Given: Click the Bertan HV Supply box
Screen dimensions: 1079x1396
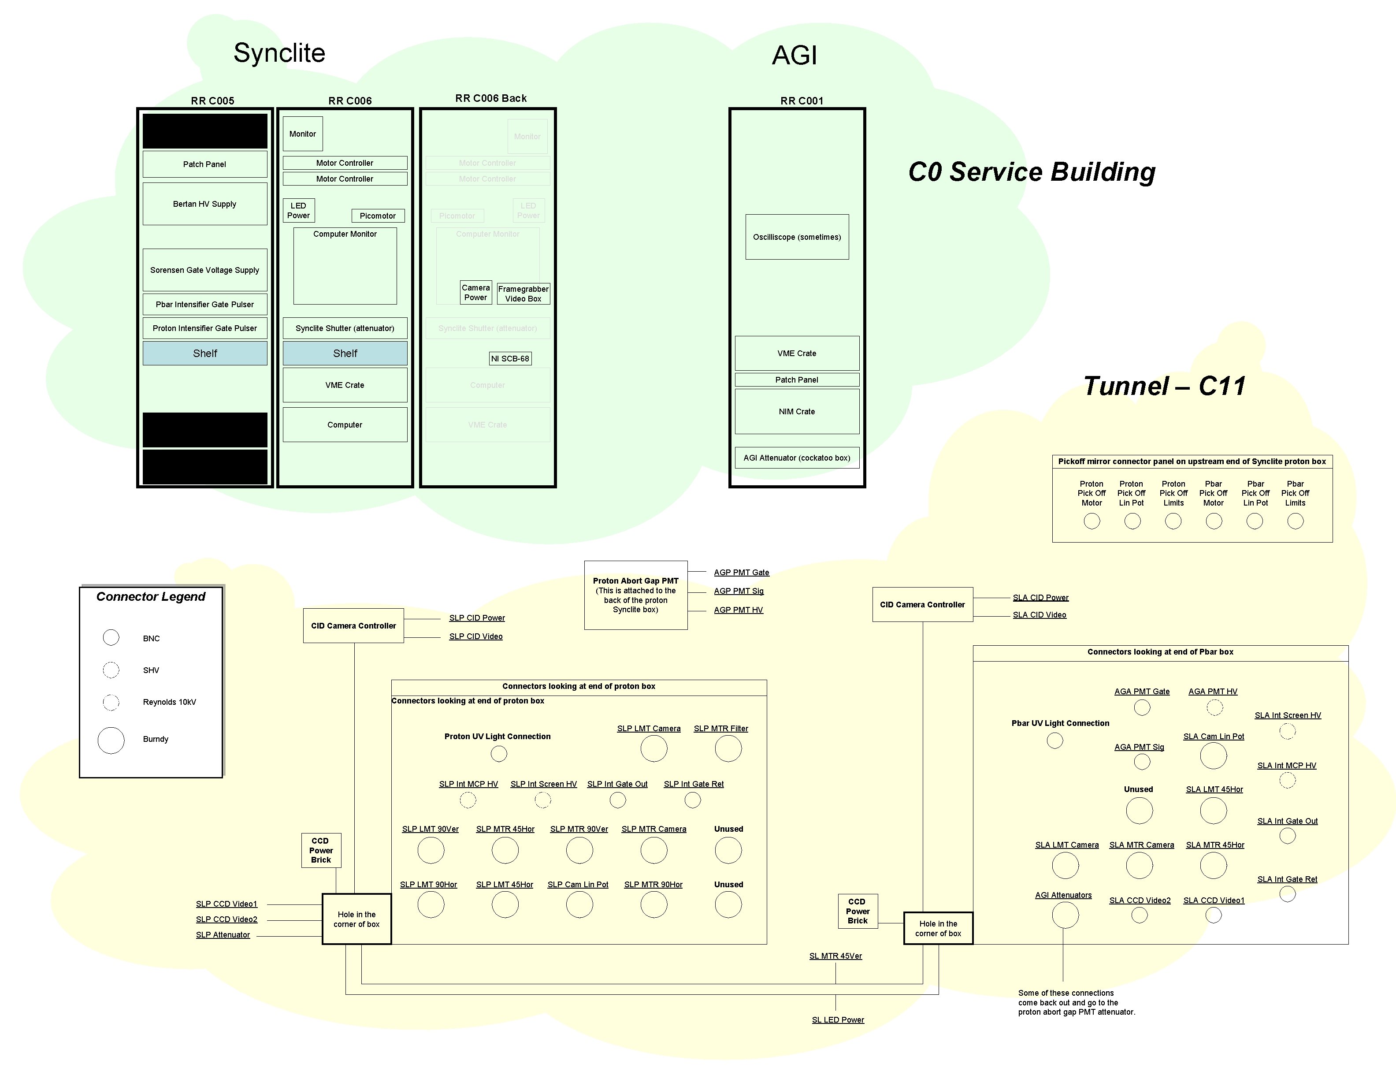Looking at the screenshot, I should pos(204,204).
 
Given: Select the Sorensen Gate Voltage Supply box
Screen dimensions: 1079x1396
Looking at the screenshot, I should pos(204,270).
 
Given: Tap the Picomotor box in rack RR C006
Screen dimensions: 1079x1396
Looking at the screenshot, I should pos(377,216).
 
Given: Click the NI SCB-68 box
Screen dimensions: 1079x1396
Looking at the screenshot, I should pos(510,359).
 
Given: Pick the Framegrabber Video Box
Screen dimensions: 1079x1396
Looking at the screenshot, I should pos(523,294).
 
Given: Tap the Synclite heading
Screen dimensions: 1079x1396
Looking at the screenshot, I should pos(279,52).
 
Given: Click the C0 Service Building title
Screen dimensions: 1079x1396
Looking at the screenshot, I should pos(1032,172).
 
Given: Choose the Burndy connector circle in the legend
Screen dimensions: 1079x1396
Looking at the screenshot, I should pos(111,740).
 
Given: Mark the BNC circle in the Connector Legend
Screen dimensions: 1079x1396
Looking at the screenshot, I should pos(111,637).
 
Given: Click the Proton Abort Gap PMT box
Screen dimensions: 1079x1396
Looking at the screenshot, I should pos(635,595).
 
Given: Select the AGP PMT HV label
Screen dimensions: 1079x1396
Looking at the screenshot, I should pos(738,610).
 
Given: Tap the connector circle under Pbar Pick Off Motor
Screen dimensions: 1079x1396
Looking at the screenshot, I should pos(1213,521).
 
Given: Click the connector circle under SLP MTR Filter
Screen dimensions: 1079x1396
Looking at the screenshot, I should pos(728,748).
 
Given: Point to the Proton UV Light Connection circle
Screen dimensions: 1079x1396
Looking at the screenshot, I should pos(498,754).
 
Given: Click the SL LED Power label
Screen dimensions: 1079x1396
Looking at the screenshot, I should pos(837,1019).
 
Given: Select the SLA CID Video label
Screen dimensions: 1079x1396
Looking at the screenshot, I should pos(1040,615).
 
